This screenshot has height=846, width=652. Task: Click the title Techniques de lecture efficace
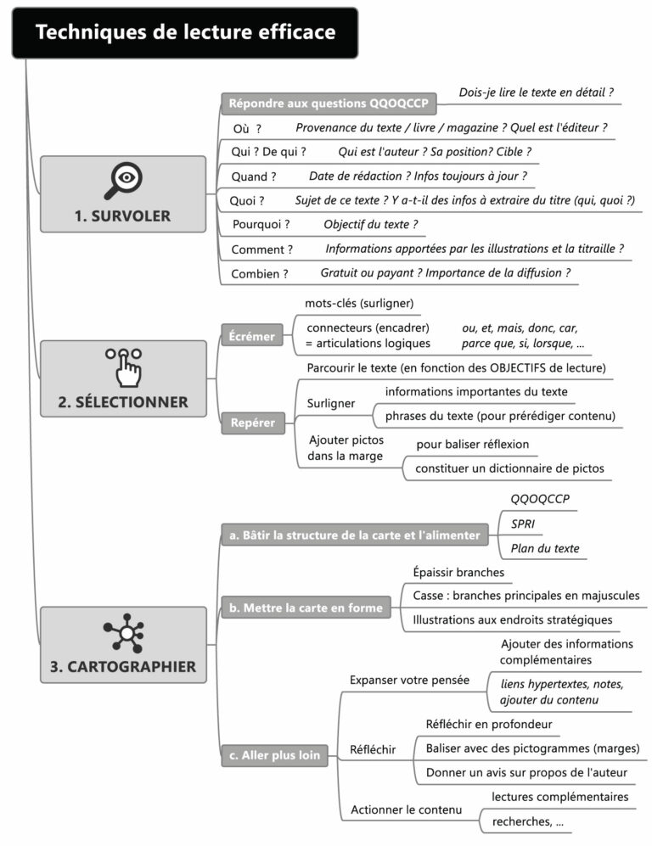pos(185,32)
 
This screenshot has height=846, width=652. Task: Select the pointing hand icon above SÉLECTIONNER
pos(124,365)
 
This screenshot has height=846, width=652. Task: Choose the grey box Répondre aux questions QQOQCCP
pos(329,104)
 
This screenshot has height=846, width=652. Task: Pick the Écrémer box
pos(252,336)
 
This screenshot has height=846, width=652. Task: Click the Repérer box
pos(253,423)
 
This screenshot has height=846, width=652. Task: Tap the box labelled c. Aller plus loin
pos(275,755)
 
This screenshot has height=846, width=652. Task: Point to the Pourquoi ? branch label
pos(261,225)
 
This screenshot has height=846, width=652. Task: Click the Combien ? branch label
pos(260,273)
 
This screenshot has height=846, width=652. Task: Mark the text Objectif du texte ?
pos(370,225)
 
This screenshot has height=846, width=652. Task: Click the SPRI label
pos(523,524)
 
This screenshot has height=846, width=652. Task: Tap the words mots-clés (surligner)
pos(358,303)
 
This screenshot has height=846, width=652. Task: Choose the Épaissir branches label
pos(458,572)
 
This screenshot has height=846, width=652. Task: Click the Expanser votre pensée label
pos(397,680)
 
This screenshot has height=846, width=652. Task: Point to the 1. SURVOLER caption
pos(122,216)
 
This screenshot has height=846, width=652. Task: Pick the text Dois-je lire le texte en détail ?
pos(536,92)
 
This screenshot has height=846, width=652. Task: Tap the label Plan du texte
pos(545,548)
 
